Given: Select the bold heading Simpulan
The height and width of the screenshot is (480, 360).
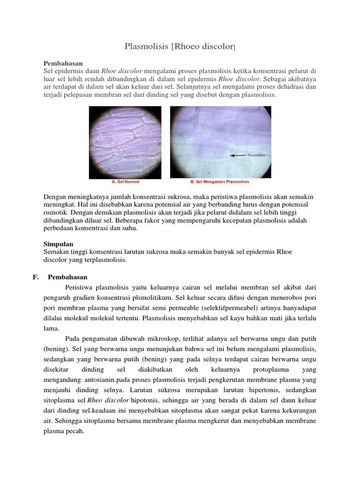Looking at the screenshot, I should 58,244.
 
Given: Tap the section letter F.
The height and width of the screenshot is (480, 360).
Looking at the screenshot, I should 35,277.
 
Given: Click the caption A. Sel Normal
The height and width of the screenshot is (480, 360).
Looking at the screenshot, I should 125,181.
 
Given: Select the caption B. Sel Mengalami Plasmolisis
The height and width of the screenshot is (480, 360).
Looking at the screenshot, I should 220,181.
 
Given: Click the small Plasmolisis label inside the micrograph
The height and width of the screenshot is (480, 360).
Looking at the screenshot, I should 256,154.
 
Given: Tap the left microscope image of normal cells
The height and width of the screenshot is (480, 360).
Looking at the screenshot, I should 125,142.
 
